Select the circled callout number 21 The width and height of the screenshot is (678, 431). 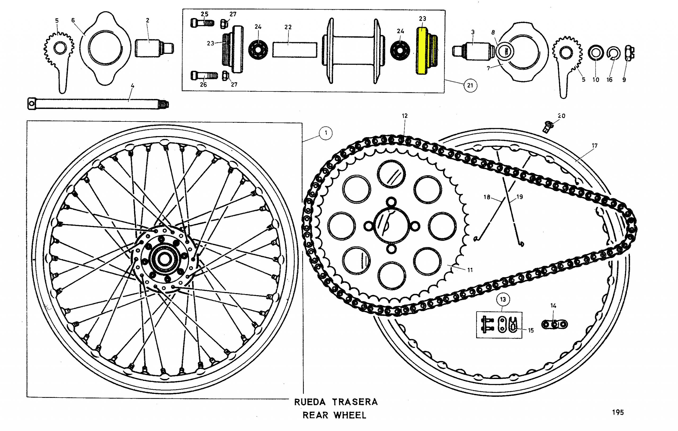pyautogui.click(x=470, y=85)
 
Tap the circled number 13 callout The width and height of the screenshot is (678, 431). pyautogui.click(x=503, y=299)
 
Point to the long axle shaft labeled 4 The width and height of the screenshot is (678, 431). pyautogui.click(x=96, y=104)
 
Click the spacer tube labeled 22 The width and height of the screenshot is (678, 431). pyautogui.click(x=295, y=50)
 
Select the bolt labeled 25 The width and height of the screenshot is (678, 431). pyautogui.click(x=202, y=23)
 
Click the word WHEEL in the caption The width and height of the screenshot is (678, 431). pyautogui.click(x=350, y=415)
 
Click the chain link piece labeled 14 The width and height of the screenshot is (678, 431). pyautogui.click(x=554, y=324)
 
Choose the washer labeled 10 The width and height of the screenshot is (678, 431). pyautogui.click(x=596, y=53)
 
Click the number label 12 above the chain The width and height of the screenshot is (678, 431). pyautogui.click(x=405, y=116)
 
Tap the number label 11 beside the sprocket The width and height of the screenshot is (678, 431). pyautogui.click(x=470, y=270)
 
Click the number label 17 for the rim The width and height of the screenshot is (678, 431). pyautogui.click(x=594, y=146)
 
